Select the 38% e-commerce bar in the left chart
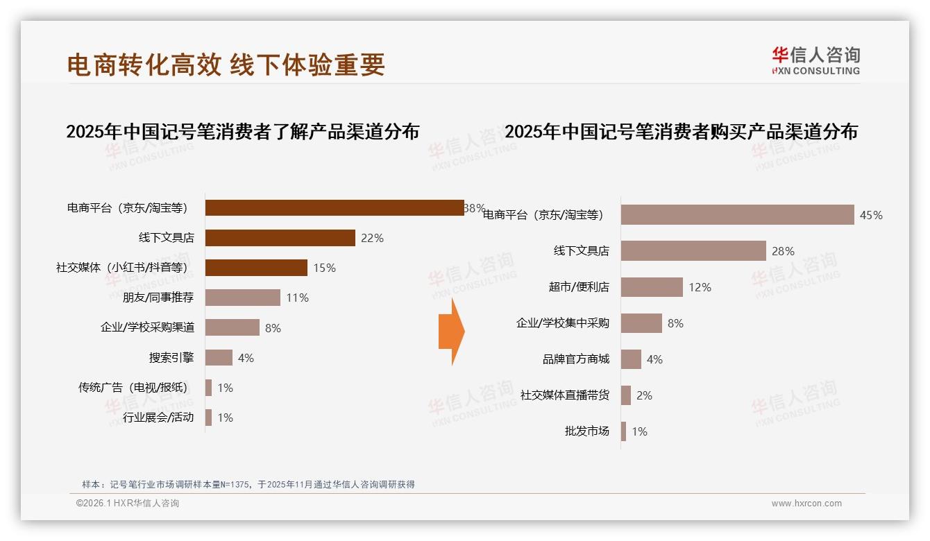pos(335,207)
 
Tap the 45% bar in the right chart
pos(737,215)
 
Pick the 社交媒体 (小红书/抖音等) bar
pos(256,268)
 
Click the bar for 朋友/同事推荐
pos(243,298)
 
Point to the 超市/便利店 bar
pos(652,287)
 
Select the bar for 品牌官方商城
pos(631,359)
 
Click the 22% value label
pos(372,238)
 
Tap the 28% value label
pos(783,251)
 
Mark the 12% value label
pos(700,287)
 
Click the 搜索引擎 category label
pos(171,358)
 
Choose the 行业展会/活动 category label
pos(158,418)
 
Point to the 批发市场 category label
pos(587,431)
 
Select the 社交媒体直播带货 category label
pos(565,395)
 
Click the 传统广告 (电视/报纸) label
pos(133,388)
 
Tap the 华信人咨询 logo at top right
pos(815,61)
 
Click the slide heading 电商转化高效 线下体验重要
pos(226,65)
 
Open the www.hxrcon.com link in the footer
pos(806,504)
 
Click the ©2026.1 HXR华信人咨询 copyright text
pos(128,504)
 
